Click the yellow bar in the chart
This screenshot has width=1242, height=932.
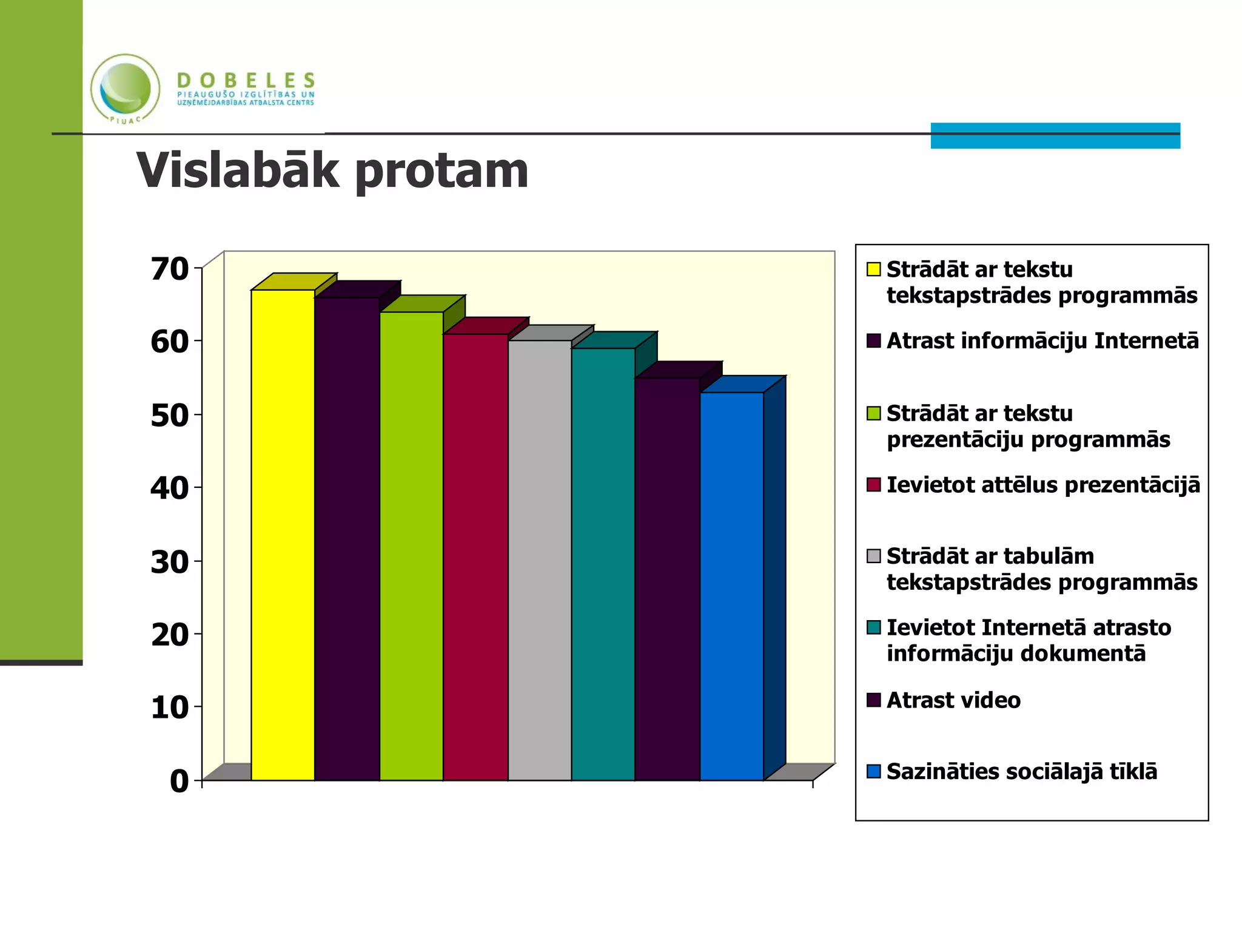(283, 534)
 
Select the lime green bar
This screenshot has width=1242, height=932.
(411, 546)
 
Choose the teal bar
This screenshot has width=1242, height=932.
(603, 564)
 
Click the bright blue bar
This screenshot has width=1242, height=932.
(731, 586)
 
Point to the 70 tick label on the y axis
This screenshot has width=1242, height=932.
(170, 269)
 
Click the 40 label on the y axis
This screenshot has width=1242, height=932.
(170, 488)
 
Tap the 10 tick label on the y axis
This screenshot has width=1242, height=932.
(170, 707)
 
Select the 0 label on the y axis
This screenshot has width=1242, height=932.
(180, 781)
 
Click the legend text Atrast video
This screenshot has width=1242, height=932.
(953, 700)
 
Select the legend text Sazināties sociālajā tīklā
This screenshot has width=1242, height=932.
(1022, 772)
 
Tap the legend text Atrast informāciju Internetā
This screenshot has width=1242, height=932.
(1042, 341)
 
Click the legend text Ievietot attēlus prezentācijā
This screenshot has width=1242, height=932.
(1043, 485)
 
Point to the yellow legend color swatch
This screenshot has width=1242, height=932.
(873, 269)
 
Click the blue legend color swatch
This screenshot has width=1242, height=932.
(873, 771)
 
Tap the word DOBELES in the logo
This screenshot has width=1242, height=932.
(246, 80)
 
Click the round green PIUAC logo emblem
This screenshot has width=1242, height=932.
(126, 89)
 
